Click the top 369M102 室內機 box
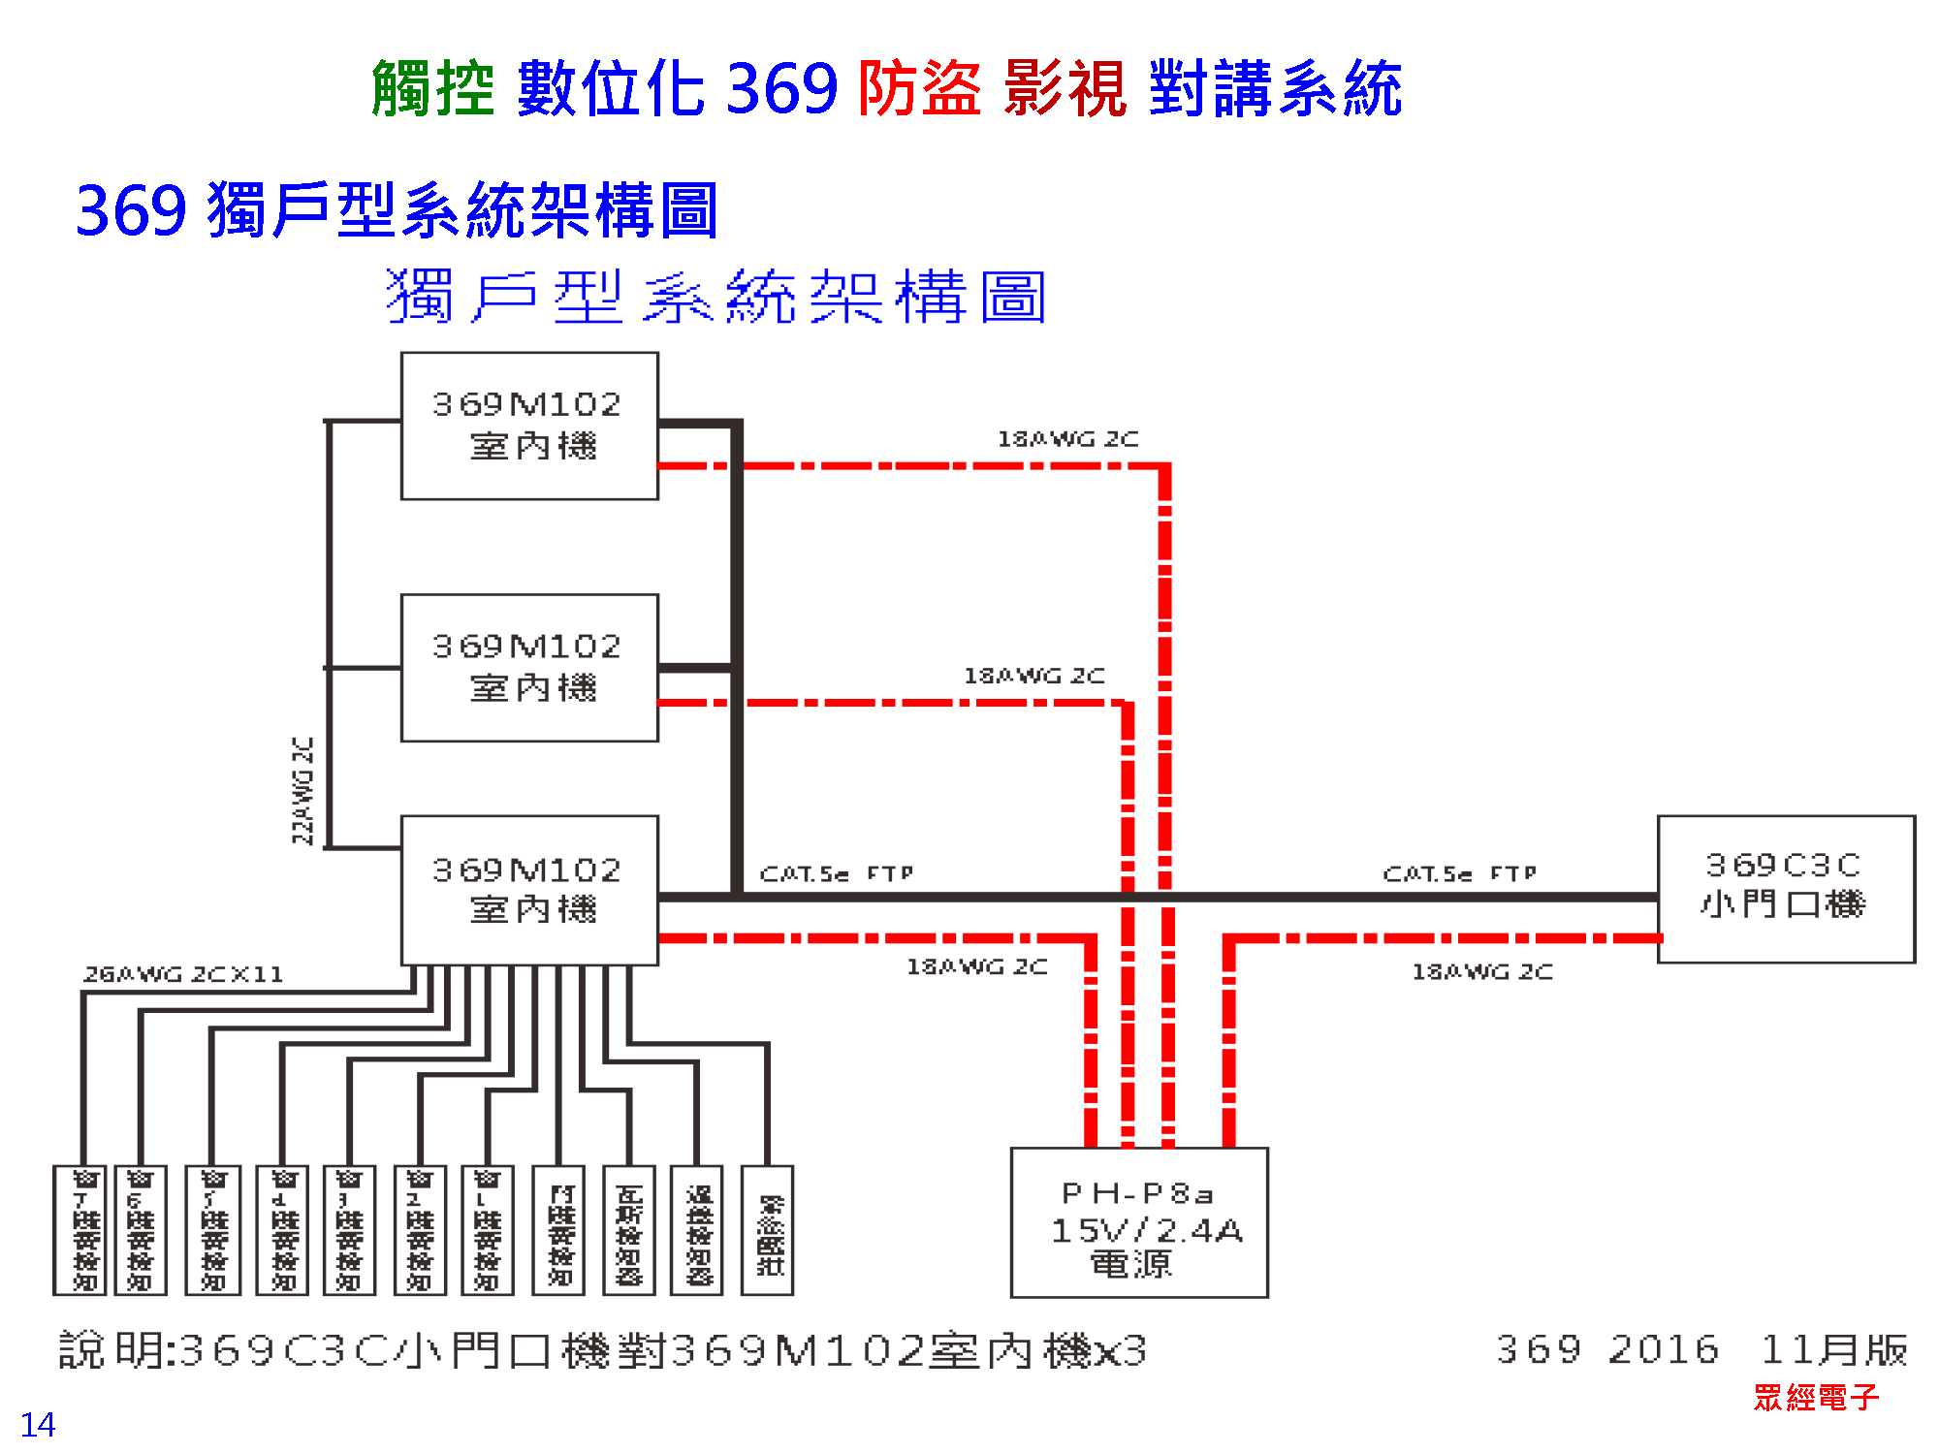[x=529, y=426]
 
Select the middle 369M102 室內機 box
[x=529, y=668]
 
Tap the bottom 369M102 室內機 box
[x=529, y=890]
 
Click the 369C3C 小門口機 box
[x=1786, y=889]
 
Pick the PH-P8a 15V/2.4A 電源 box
[x=1139, y=1222]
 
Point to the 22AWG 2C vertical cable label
[x=303, y=790]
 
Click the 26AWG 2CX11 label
[x=183, y=974]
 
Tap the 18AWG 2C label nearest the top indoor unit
[x=1067, y=439]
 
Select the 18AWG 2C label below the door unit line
[x=1481, y=971]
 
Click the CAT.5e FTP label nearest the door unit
[x=1459, y=873]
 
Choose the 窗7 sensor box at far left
[x=85, y=1230]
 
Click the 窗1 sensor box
[x=487, y=1230]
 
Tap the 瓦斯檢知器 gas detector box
[x=629, y=1230]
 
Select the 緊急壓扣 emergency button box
[x=767, y=1230]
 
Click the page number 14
[x=38, y=1424]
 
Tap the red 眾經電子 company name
[x=1816, y=1397]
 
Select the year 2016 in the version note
[x=1663, y=1349]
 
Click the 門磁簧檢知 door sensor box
[x=558, y=1230]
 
